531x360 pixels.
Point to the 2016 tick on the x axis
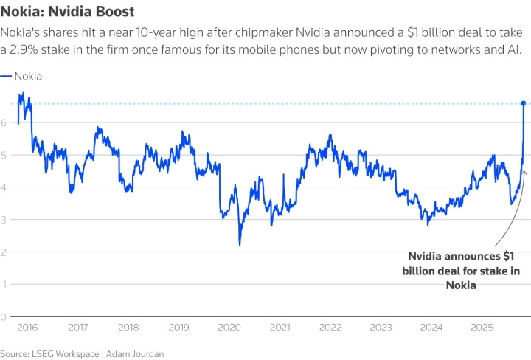[x=27, y=328]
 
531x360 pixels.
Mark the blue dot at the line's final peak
[x=524, y=103]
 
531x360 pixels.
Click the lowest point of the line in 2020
[x=240, y=245]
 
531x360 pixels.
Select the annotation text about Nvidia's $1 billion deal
[x=461, y=270]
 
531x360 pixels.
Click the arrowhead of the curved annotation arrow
[x=524, y=172]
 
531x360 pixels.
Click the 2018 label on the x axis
[x=128, y=328]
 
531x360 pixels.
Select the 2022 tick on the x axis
[x=330, y=328]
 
